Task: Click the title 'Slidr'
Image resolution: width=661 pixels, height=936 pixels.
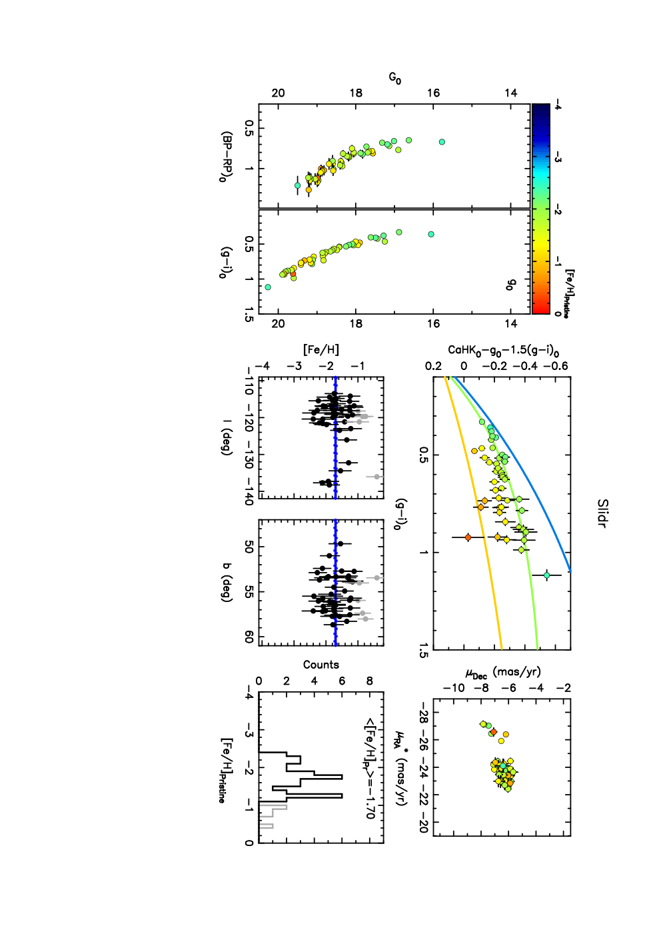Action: pyautogui.click(x=602, y=513)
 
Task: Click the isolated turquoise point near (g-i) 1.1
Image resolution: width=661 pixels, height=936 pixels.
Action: pyautogui.click(x=547, y=575)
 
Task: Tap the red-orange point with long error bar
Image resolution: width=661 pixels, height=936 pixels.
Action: pyautogui.click(x=468, y=537)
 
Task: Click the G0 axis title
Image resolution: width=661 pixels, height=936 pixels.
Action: pyautogui.click(x=395, y=78)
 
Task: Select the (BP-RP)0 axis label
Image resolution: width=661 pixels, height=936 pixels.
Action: pyautogui.click(x=226, y=157)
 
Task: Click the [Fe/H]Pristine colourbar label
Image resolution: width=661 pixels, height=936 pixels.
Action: pyautogui.click(x=570, y=293)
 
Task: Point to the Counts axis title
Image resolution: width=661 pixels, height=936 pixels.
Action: pyautogui.click(x=321, y=665)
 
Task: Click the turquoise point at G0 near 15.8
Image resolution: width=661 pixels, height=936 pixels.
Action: pyautogui.click(x=442, y=141)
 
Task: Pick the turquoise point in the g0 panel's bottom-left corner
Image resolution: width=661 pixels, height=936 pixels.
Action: pyautogui.click(x=268, y=287)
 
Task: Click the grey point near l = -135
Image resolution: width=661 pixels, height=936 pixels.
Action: pyautogui.click(x=376, y=477)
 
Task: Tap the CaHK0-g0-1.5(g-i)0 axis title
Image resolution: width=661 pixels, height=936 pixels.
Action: pyautogui.click(x=504, y=350)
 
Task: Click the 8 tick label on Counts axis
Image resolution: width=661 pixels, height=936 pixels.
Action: pyautogui.click(x=370, y=681)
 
